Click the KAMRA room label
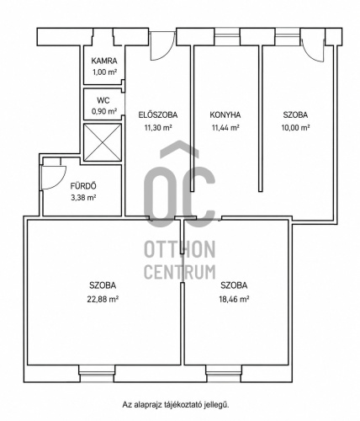[x=104, y=61]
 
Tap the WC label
[x=103, y=100]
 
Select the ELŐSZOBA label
[x=158, y=115]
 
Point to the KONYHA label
[x=225, y=115]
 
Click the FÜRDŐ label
[x=83, y=186]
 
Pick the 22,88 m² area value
[x=103, y=299]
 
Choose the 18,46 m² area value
[x=234, y=299]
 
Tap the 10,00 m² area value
[x=295, y=128]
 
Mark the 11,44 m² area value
[x=225, y=128]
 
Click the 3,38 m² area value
[x=83, y=198]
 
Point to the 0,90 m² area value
[x=104, y=111]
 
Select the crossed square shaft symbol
[x=103, y=142]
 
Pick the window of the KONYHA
[x=227, y=36]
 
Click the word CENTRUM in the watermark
[x=180, y=272]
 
